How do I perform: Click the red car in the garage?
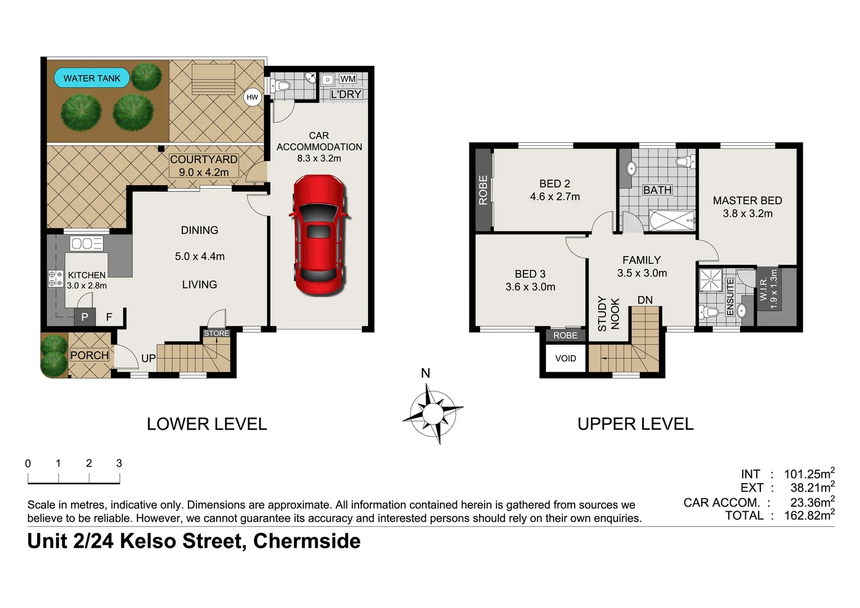319,235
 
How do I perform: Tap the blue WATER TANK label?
92,78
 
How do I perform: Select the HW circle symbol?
252,97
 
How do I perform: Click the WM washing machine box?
348,79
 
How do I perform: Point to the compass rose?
432,414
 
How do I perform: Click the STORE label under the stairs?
217,333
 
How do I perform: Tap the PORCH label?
89,355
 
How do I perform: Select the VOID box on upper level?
565,359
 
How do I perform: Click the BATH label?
657,190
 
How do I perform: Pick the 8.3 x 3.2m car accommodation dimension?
319,159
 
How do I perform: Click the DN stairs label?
645,300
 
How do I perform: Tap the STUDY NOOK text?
608,314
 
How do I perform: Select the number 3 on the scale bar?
119,463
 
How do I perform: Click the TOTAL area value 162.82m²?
809,516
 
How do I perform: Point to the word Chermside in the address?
307,541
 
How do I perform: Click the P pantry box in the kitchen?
84,317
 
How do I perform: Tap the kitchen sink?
86,243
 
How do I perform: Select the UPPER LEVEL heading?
635,424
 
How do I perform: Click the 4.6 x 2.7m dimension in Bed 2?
554,196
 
